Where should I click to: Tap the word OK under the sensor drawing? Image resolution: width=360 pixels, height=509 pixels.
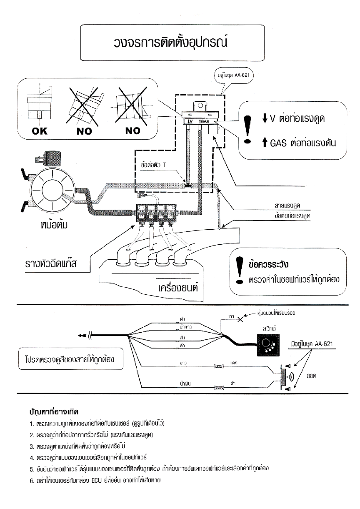[x=40, y=131]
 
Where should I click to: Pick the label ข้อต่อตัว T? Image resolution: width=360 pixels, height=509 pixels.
[x=153, y=165]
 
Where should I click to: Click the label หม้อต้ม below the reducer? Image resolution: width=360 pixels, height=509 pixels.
[x=52, y=226]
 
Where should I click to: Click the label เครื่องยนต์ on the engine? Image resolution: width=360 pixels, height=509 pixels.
[x=178, y=288]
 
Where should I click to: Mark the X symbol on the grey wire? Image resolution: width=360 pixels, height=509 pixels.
[x=240, y=320]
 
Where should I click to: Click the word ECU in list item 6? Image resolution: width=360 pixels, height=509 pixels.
[x=97, y=480]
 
